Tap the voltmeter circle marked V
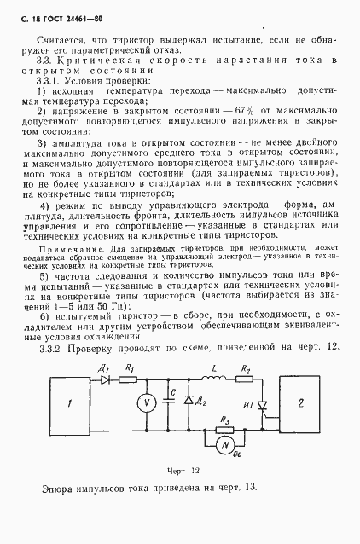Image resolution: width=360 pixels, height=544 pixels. (145, 402)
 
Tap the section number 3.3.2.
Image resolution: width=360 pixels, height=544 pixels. (56, 346)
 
